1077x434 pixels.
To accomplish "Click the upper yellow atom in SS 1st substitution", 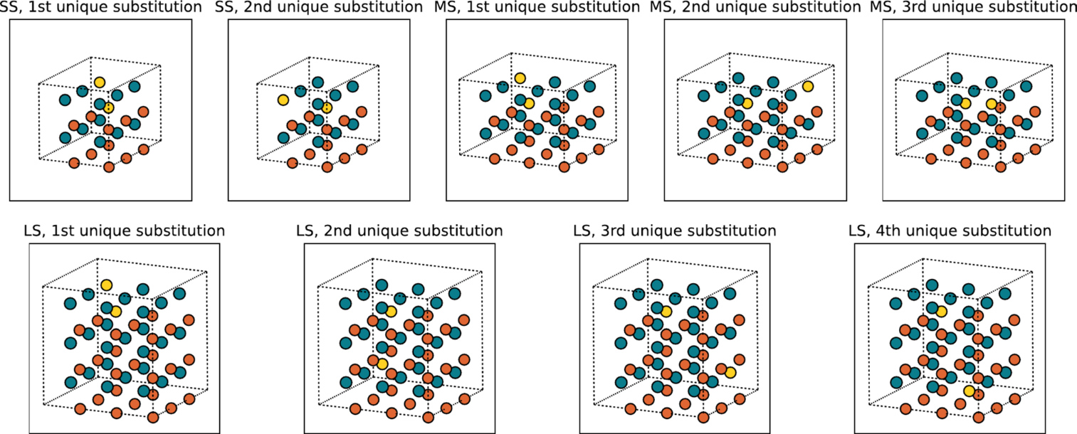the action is [100, 83].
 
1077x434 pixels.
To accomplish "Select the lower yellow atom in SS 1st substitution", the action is [109, 107].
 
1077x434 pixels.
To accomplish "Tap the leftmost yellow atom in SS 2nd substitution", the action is [283, 100].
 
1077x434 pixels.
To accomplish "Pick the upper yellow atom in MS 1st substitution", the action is [520, 78].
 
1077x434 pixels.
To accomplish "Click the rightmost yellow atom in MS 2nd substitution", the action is [808, 87].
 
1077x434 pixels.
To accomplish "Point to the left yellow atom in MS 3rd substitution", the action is [965, 103].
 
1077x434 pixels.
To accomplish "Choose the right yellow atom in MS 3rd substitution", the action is [992, 104].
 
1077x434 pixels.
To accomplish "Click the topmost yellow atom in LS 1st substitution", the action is [106, 285].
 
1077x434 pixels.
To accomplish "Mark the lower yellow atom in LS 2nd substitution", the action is [382, 364].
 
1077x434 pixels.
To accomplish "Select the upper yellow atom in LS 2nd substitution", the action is [391, 312].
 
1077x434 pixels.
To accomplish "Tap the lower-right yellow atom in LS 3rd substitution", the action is [730, 373].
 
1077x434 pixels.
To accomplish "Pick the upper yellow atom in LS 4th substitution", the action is [942, 312].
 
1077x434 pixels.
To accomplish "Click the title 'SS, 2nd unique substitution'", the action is [319, 7].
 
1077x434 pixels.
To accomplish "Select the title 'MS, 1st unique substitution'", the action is [537, 7].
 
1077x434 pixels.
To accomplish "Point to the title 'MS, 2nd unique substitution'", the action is [755, 7].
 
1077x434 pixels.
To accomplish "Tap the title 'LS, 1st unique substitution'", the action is [124, 231].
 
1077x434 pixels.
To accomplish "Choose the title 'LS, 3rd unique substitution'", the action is [675, 231].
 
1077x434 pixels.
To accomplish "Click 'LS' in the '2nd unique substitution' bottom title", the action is [305, 231].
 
